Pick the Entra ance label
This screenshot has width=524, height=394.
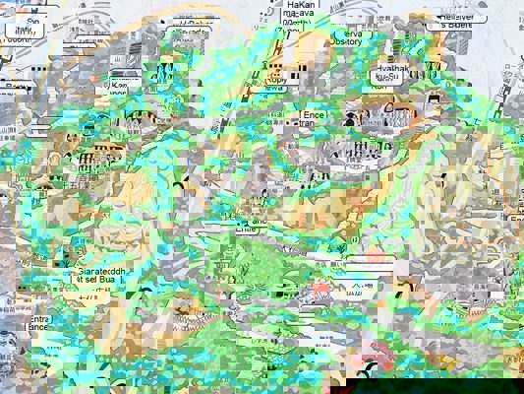point(38,326)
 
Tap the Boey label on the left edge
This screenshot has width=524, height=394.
point(12,89)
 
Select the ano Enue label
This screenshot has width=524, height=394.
point(253,226)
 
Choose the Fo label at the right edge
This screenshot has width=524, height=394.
point(515,219)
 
